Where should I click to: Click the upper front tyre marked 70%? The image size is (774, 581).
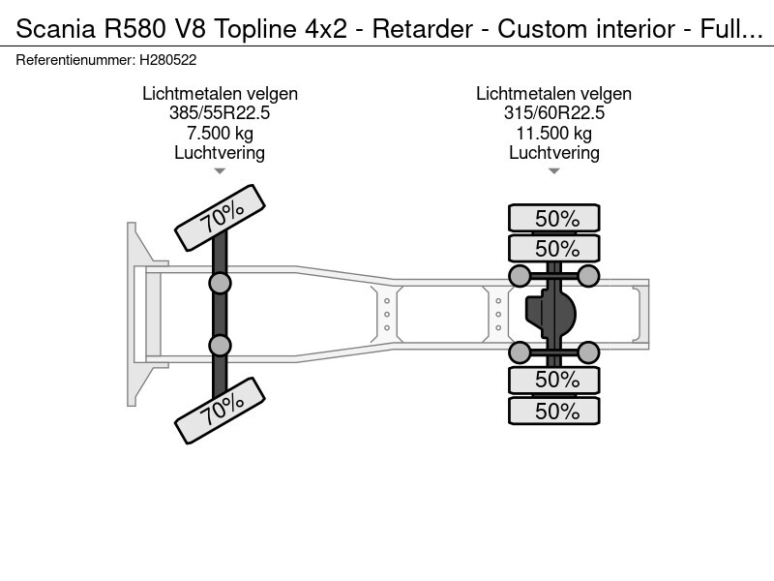(221, 217)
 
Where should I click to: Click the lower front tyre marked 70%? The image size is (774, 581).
(221, 410)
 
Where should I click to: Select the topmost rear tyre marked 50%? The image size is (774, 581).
(554, 218)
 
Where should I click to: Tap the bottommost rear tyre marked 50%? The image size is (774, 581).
(554, 411)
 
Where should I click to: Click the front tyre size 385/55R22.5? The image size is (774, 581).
(220, 113)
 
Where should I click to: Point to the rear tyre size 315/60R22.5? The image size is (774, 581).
(553, 113)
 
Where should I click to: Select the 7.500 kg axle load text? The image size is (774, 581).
(220, 133)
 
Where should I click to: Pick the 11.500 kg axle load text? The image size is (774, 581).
(553, 133)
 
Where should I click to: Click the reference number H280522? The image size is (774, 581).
(167, 60)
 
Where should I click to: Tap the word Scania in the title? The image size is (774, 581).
(55, 29)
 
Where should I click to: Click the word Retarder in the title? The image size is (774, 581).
(423, 29)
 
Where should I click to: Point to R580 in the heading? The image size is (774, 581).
(134, 29)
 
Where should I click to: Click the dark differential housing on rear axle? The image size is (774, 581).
(551, 313)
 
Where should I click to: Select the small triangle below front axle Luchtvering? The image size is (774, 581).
(220, 171)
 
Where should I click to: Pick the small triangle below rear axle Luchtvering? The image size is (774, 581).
(553, 171)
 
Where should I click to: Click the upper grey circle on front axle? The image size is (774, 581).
(220, 284)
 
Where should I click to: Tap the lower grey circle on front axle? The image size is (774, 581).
(220, 346)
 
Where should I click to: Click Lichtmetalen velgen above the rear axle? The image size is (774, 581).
(553, 93)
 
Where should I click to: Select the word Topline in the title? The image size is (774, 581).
(254, 29)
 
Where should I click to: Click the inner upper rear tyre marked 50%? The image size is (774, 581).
(554, 248)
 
